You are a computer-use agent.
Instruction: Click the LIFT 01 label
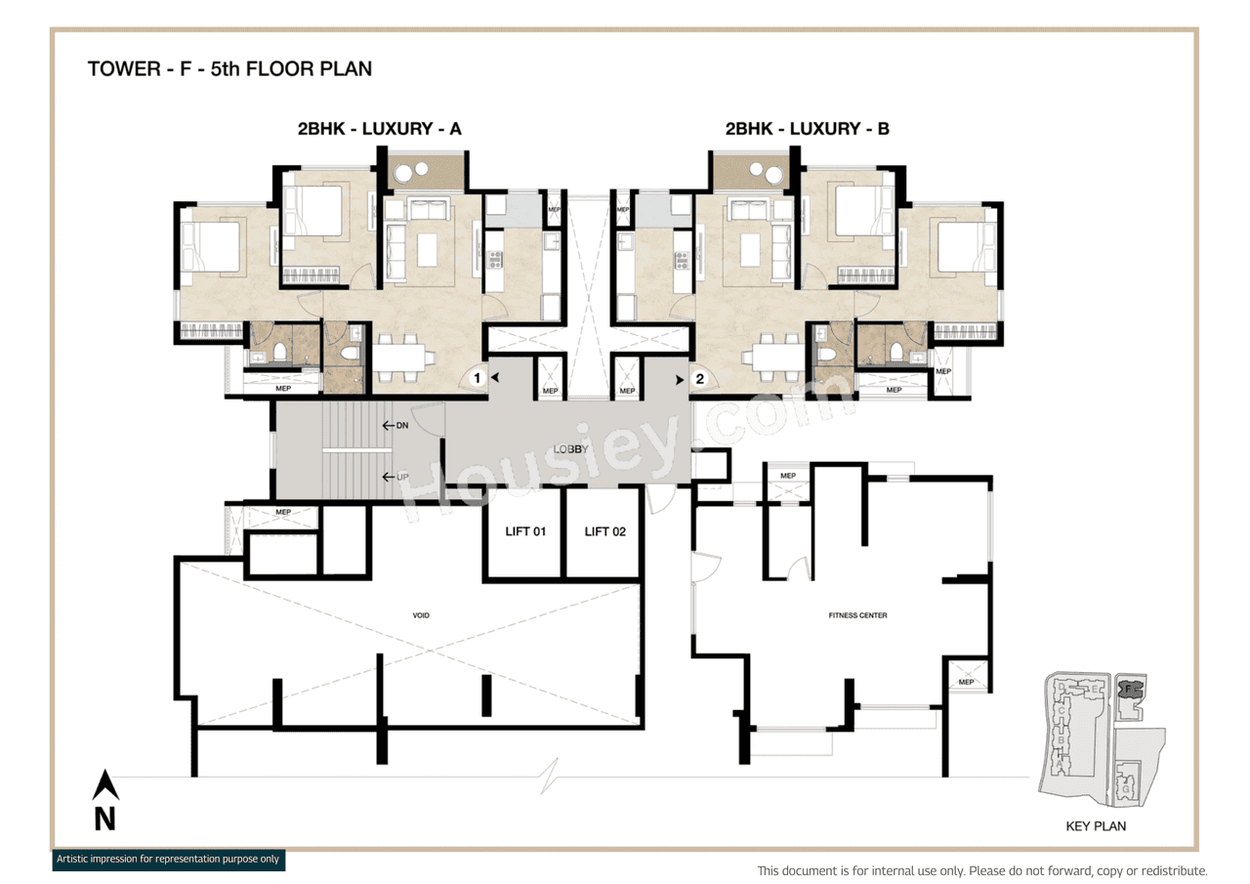(x=524, y=531)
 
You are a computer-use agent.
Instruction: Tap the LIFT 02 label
(x=604, y=531)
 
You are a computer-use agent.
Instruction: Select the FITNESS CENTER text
(x=856, y=615)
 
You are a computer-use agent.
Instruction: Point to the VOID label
(x=421, y=615)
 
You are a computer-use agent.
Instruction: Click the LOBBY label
(x=569, y=448)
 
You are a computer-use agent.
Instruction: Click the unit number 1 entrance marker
(x=478, y=377)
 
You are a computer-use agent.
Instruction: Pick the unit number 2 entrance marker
(x=698, y=377)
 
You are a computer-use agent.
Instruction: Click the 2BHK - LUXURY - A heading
(x=380, y=128)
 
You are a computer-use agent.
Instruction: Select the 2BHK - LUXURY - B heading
(x=807, y=128)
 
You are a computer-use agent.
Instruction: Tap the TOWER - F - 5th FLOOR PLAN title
(x=229, y=69)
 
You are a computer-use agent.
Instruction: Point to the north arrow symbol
(x=105, y=787)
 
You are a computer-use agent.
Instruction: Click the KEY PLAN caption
(x=1096, y=826)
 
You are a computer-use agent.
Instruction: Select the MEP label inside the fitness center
(x=966, y=682)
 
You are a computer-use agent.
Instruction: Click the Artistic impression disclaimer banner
(x=168, y=860)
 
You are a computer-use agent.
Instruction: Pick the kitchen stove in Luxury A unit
(x=494, y=260)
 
